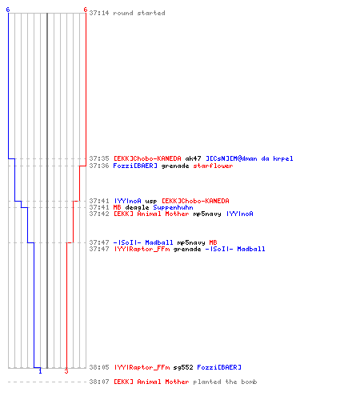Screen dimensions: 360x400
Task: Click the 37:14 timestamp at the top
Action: pos(99,13)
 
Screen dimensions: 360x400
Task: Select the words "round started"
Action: pos(139,13)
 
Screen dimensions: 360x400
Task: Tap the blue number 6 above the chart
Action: pos(8,10)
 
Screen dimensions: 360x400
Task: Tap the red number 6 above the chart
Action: pos(86,10)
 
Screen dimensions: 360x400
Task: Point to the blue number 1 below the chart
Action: pos(40,371)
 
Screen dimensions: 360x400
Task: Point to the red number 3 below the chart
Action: pos(66,371)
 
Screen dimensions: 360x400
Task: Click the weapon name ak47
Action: pos(193,158)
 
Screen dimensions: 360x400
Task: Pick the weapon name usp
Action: pos(151,201)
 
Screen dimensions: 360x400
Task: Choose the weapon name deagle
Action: pos(137,207)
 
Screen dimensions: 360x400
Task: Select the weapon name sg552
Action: pos(183,367)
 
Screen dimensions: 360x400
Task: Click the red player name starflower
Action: pos(213,166)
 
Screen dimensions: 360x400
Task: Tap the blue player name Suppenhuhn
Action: pos(173,207)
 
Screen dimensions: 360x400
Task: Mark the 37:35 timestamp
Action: pos(99,158)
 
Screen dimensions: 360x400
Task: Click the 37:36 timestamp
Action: pos(99,166)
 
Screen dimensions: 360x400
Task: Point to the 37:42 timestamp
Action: pos(99,214)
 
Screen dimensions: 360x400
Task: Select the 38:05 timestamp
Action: pos(99,367)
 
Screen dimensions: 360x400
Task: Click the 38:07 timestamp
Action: pos(99,382)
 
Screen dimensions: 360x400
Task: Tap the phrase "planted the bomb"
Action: pos(225,382)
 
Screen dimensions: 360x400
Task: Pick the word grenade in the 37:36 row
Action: pos(175,166)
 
